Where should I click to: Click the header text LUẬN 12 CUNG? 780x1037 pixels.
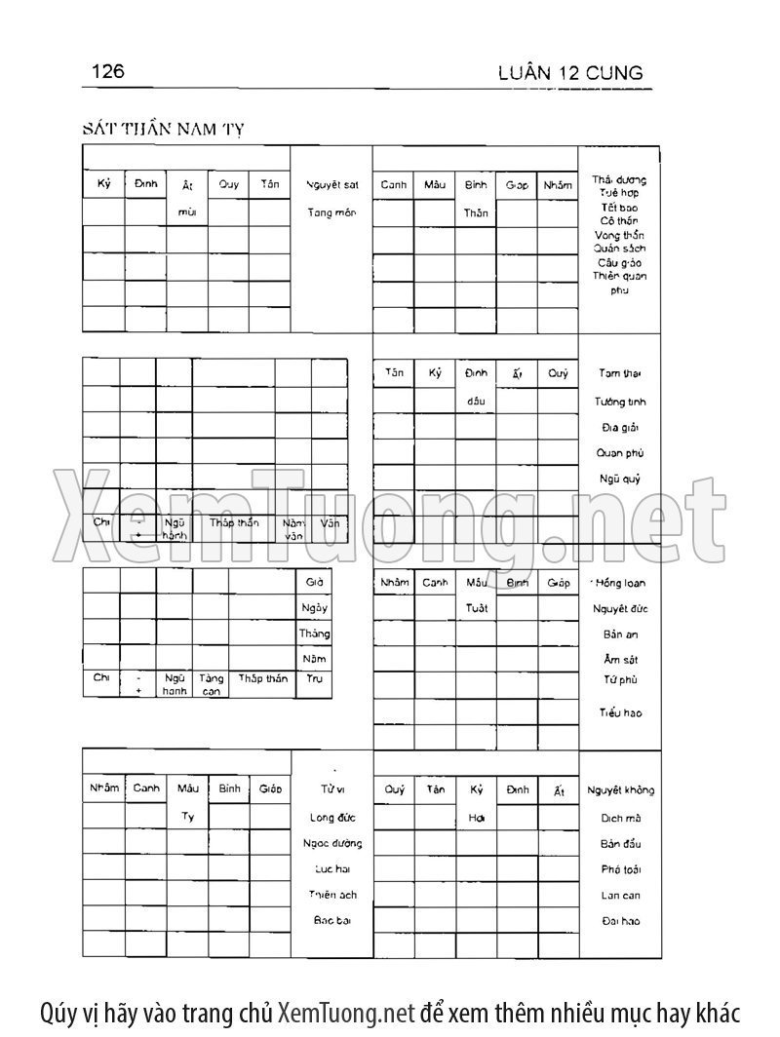click(x=568, y=73)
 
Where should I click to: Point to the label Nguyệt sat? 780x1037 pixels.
click(x=331, y=184)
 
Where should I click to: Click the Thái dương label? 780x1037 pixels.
click(x=619, y=179)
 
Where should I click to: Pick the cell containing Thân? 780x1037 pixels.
click(x=476, y=212)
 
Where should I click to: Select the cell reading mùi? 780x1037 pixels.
click(x=186, y=211)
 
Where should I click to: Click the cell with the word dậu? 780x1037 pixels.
click(x=476, y=400)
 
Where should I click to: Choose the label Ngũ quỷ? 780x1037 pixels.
click(x=619, y=479)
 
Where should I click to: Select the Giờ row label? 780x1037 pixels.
click(x=313, y=582)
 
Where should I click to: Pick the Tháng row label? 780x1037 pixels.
click(x=313, y=634)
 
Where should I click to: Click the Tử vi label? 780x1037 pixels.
click(x=331, y=789)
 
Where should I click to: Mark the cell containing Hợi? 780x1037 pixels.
click(x=476, y=817)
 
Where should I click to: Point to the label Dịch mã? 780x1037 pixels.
click(x=620, y=819)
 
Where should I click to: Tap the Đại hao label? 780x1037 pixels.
click(x=620, y=921)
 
